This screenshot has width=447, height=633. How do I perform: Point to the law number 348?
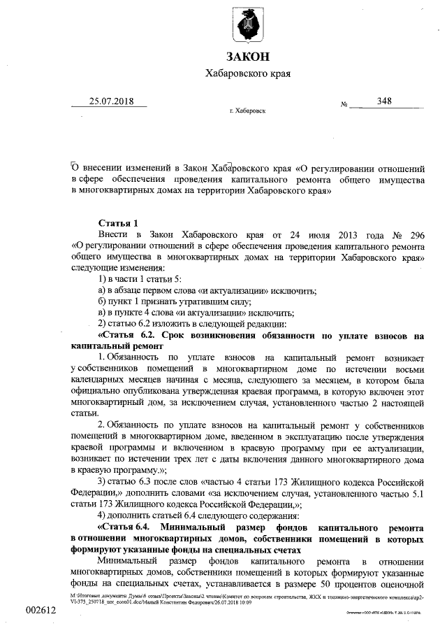coord(383,101)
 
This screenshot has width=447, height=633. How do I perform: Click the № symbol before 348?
coord(344,105)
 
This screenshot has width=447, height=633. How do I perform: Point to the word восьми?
coord(407,368)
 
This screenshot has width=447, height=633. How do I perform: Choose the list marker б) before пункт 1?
coord(103,301)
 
